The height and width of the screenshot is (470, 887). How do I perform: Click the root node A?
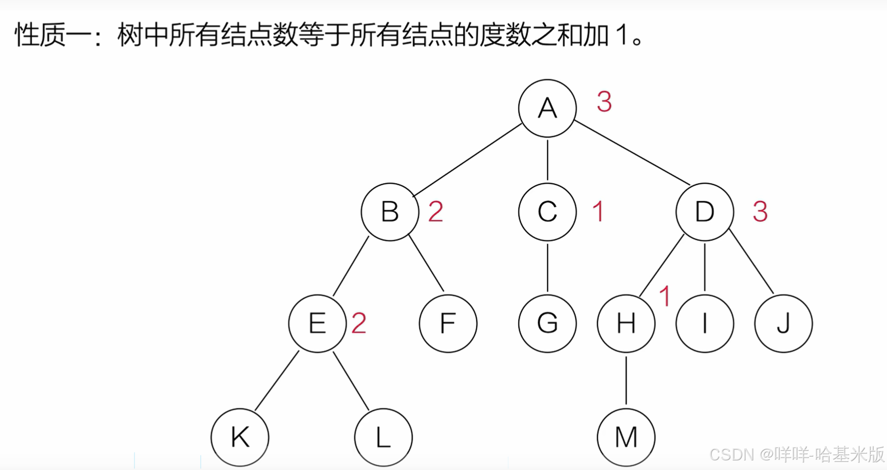click(x=547, y=108)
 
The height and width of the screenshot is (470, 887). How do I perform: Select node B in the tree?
click(x=390, y=212)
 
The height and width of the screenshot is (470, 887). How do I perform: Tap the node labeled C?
click(x=547, y=212)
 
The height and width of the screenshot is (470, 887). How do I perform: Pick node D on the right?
click(x=704, y=212)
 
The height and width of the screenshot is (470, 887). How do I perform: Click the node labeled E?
click(x=317, y=323)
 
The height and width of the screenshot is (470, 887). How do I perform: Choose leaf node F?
click(x=448, y=323)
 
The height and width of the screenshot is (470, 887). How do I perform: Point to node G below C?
click(x=547, y=323)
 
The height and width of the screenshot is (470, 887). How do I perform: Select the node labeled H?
click(x=626, y=323)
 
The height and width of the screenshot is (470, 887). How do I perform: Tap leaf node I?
click(x=704, y=323)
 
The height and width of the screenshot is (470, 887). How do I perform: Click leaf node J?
click(x=783, y=323)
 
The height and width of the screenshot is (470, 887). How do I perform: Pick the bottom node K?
click(x=240, y=437)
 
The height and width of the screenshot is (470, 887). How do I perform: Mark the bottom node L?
click(x=383, y=437)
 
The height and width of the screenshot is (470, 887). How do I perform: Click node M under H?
click(x=626, y=437)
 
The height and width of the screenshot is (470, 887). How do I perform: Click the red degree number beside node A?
click(x=604, y=102)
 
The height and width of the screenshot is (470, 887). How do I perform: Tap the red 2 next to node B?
click(x=436, y=212)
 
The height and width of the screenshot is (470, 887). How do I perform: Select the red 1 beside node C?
click(x=598, y=212)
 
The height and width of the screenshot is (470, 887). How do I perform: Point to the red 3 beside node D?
click(x=760, y=212)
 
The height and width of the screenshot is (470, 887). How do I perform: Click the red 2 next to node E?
click(x=359, y=323)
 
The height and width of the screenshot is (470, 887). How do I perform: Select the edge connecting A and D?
click(x=632, y=153)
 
